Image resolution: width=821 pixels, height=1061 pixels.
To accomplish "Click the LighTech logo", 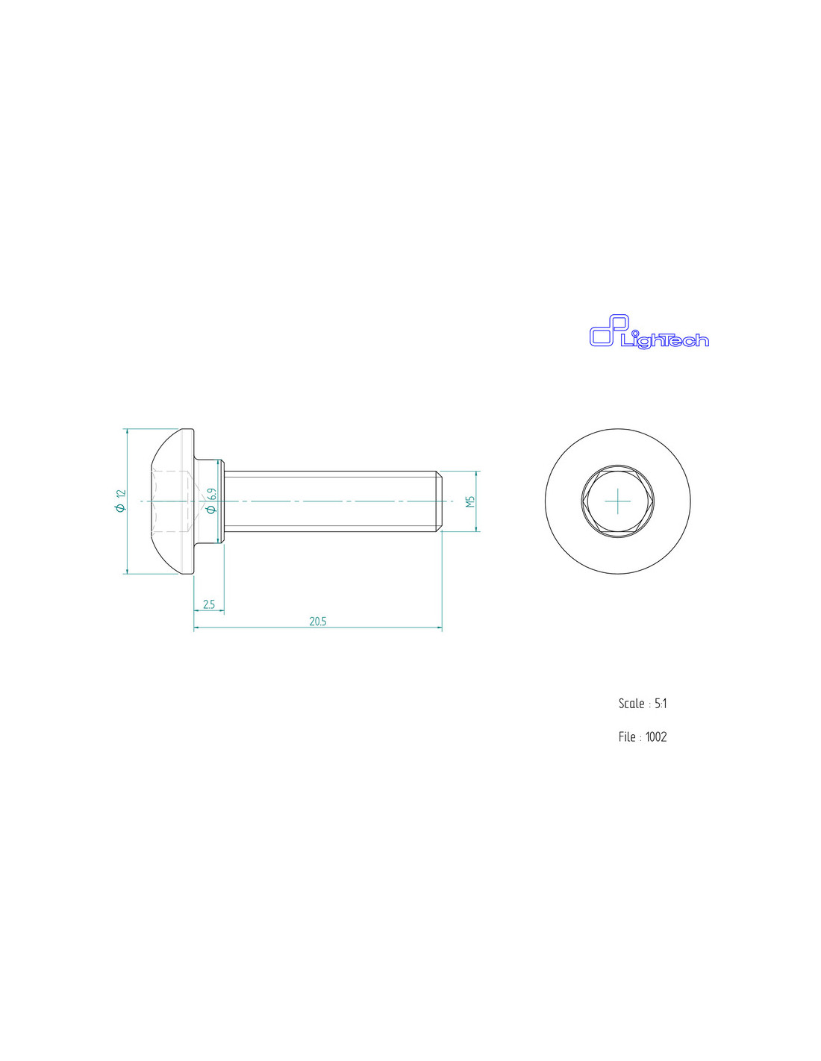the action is pos(649,331).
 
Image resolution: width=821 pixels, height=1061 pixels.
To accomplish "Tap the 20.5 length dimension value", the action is pos(317,622).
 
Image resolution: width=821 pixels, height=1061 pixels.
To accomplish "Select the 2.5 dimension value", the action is pos(208,604).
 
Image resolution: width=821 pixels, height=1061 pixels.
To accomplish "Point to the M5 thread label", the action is pos(471,501).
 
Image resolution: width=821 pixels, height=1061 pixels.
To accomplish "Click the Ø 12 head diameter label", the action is pos(121,501).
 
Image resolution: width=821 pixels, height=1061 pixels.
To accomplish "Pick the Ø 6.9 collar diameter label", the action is pos(211,501).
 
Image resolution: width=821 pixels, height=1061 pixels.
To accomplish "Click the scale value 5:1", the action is pos(661,704).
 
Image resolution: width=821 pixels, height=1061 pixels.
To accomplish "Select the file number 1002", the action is pos(656,736).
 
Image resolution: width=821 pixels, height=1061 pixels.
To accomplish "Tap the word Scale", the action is pos(631,704).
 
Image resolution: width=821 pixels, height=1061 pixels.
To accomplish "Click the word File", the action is pos(627,736).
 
